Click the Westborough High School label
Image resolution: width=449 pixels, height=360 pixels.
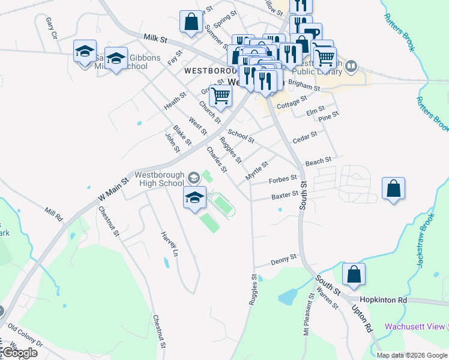tap(159, 179)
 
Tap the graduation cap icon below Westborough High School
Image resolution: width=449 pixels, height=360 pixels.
tap(194, 198)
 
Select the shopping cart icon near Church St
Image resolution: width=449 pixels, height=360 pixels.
tap(221, 95)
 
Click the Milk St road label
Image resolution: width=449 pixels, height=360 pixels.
tap(155, 38)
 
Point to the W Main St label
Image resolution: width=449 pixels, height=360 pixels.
tap(113, 188)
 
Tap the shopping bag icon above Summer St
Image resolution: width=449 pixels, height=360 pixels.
tap(190, 22)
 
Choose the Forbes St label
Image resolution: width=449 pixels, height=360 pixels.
tap(283, 178)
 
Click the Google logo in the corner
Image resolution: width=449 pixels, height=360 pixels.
tap(19, 353)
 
